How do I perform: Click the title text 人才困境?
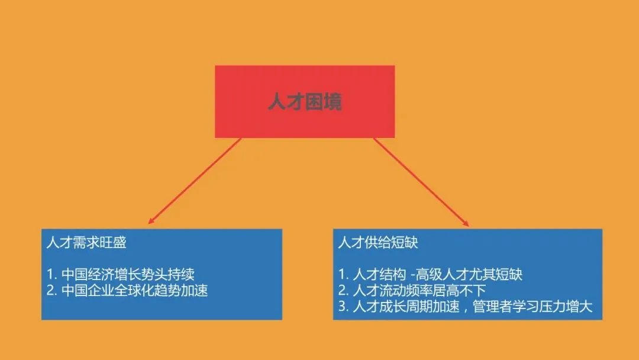[x=304, y=102]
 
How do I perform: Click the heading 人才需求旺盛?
[x=86, y=243]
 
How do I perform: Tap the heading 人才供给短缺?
[x=378, y=243]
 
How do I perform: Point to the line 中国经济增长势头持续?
[x=128, y=275]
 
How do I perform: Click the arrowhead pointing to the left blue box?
[x=151, y=222]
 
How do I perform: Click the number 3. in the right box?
[x=344, y=307]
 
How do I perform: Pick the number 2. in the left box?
[x=51, y=291]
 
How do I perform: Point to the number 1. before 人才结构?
[x=343, y=275]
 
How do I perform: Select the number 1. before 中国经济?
[x=51, y=275]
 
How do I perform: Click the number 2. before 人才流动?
[x=344, y=291]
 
